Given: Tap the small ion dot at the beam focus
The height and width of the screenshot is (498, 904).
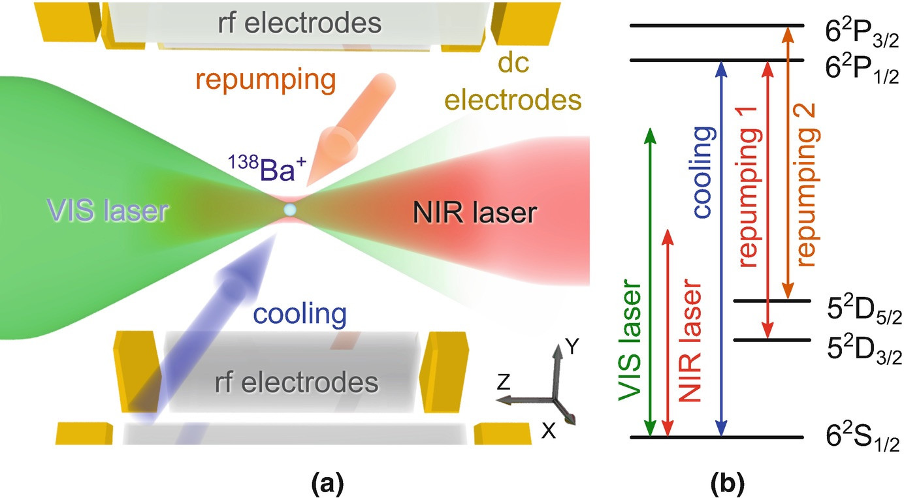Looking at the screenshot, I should (290, 210).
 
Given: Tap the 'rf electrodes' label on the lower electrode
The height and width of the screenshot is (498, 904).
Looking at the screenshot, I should (297, 382).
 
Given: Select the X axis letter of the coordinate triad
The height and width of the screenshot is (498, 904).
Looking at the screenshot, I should (549, 430).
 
